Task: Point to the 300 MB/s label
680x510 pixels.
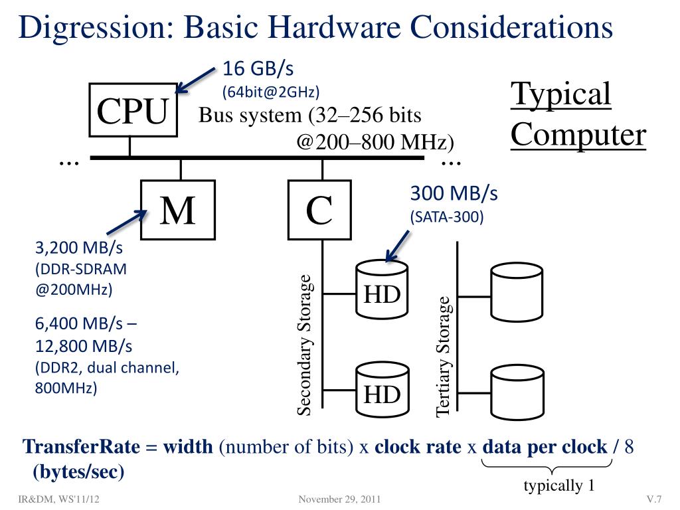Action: click(454, 194)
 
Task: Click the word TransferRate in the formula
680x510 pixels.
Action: click(81, 447)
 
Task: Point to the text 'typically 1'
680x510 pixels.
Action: click(558, 486)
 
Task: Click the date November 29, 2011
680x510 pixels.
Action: click(340, 499)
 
